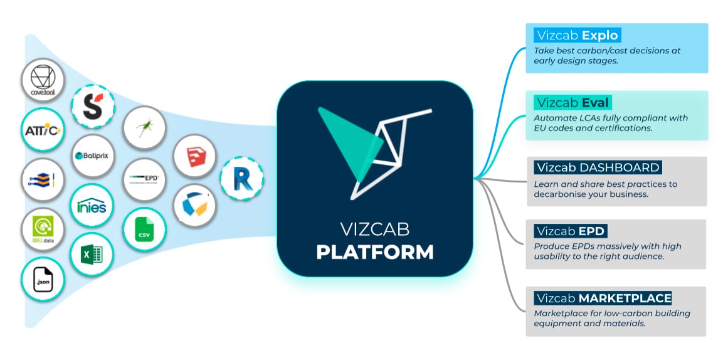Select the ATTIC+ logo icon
(42, 130)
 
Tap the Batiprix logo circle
(93, 155)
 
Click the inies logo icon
(92, 206)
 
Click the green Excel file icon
(92, 255)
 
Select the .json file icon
(43, 280)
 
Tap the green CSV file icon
(144, 230)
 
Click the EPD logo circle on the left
(144, 179)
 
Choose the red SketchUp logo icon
(194, 156)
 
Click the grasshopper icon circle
(144, 128)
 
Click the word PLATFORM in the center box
(374, 251)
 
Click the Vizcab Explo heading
(577, 34)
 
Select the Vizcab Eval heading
(572, 102)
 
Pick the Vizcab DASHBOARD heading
(597, 167)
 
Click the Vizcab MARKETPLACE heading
(603, 297)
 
